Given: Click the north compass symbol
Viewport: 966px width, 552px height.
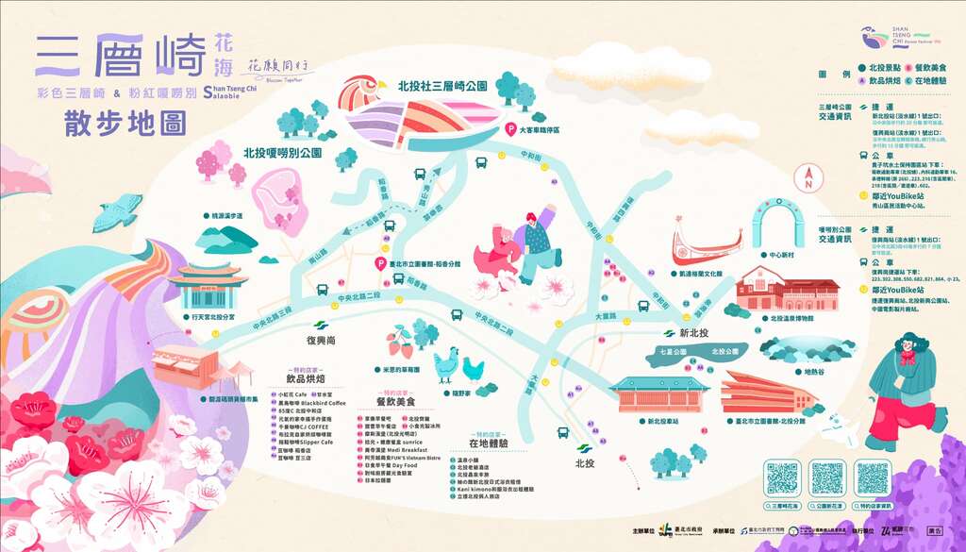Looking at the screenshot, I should [808, 177].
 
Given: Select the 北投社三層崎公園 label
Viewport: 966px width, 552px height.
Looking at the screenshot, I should [442, 86].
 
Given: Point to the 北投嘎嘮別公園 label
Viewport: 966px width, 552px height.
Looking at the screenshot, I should [283, 152].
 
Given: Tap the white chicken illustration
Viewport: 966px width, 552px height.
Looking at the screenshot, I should [445, 363].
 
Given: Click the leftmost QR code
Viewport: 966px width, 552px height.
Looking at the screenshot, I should [782, 478].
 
